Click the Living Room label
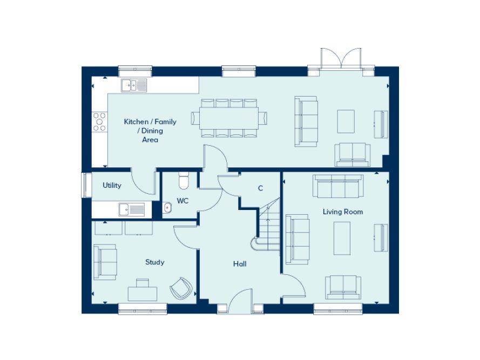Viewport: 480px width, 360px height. tap(342, 212)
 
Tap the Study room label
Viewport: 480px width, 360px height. tap(154, 262)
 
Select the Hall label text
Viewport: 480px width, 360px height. tap(240, 264)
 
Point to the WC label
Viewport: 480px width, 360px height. tap(182, 201)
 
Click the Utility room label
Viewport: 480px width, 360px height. tap(112, 186)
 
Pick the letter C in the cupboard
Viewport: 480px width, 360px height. tap(260, 188)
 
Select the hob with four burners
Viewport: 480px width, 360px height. tap(99, 121)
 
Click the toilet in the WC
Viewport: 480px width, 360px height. tap(183, 181)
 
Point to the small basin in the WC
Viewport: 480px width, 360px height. tap(167, 207)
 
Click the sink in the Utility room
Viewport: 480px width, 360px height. tap(132, 209)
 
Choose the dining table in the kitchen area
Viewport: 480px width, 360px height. tap(229, 118)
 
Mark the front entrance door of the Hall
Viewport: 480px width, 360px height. tap(240, 302)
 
